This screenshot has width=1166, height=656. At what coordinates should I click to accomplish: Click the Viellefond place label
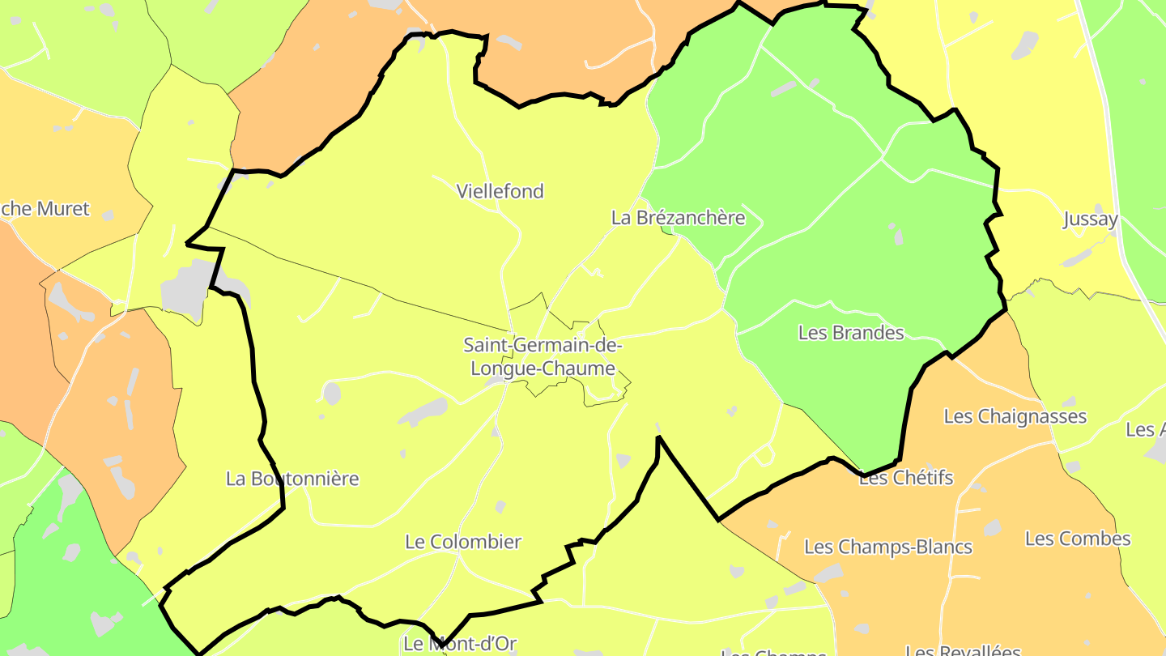(x=500, y=192)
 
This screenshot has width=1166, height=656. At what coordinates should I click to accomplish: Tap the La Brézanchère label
(x=678, y=218)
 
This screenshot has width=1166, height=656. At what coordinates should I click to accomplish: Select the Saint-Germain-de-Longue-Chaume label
(x=543, y=356)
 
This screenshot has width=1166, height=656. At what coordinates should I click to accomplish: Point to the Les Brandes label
(x=850, y=333)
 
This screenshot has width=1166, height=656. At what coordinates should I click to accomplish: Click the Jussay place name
(x=1090, y=219)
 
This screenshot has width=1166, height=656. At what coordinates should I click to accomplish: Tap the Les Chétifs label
(x=906, y=478)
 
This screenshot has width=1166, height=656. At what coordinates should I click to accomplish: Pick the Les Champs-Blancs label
(x=887, y=547)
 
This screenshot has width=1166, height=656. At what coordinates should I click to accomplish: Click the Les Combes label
(x=1077, y=539)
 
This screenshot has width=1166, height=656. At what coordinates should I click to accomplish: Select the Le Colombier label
(x=463, y=542)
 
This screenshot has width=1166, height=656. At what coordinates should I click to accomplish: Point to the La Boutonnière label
(x=292, y=479)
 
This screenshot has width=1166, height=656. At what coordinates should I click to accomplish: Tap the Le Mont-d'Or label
(x=459, y=645)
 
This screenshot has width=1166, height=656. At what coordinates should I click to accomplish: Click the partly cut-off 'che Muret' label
(x=45, y=209)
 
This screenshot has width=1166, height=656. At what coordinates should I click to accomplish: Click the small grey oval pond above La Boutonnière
(x=331, y=394)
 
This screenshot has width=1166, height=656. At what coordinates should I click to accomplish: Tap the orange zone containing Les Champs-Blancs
(x=891, y=583)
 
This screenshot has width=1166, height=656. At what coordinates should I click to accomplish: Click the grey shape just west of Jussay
(x=1025, y=45)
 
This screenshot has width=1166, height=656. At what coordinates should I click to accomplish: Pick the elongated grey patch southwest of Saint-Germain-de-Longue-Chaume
(x=423, y=412)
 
